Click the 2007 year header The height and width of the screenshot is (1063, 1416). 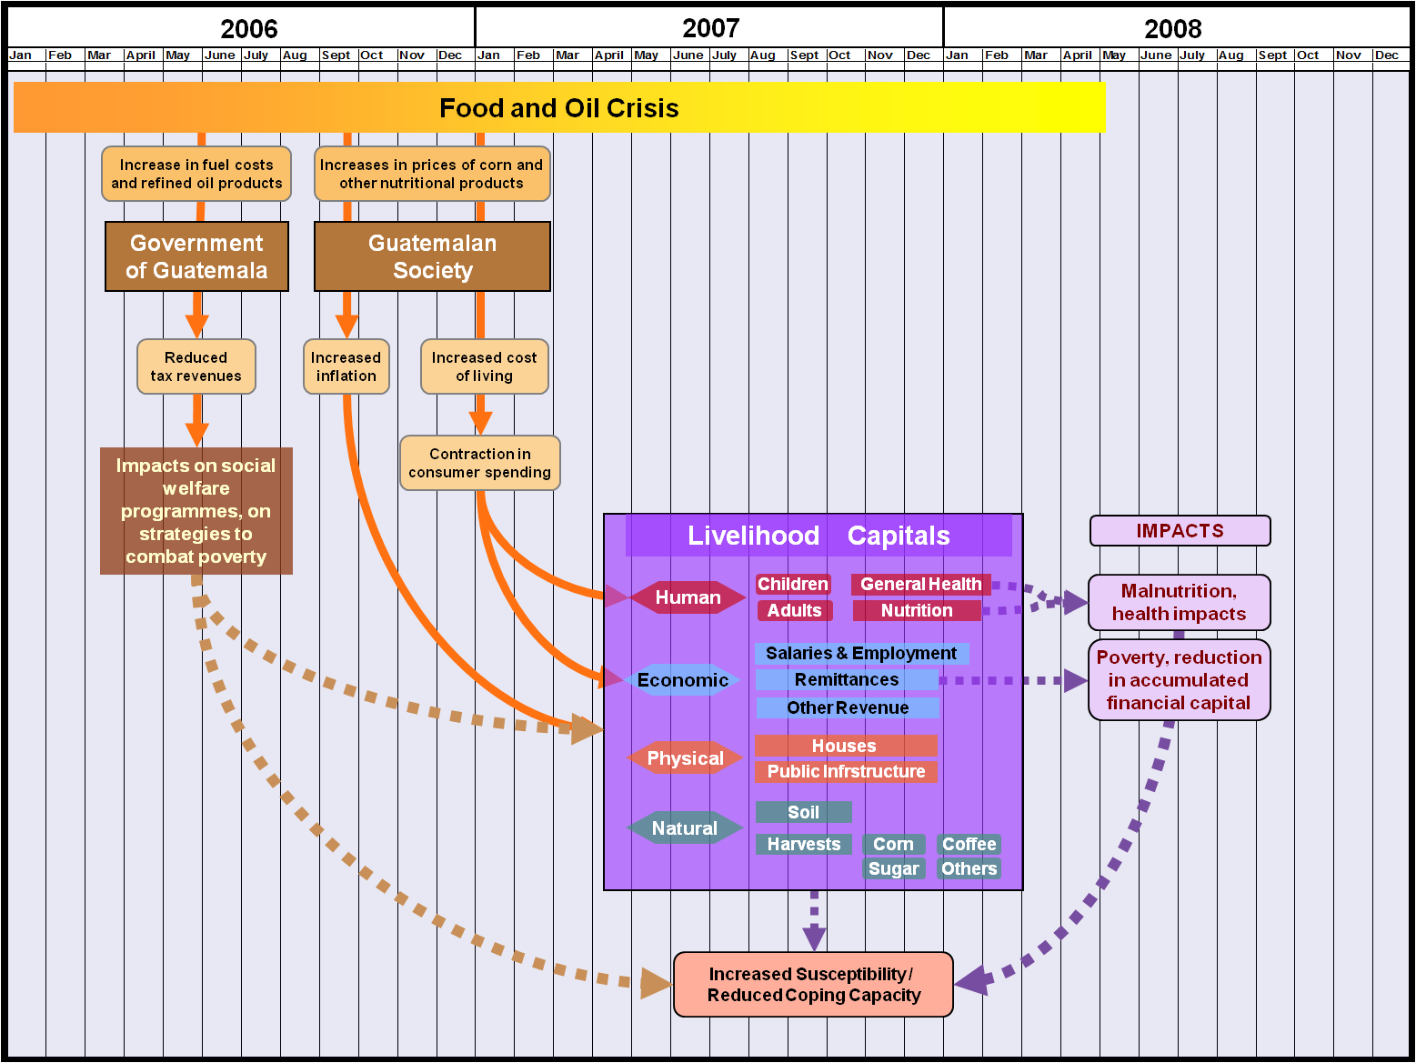[710, 28]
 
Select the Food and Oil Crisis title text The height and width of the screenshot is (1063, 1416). [558, 108]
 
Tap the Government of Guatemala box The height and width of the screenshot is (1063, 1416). [196, 256]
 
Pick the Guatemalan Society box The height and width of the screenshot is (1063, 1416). [432, 256]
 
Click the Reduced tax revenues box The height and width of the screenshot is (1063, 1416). [196, 366]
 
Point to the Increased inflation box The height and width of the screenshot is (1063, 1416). [346, 366]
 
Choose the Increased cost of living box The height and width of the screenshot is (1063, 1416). [484, 366]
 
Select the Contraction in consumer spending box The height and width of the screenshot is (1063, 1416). [479, 463]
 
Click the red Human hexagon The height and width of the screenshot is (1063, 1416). [688, 597]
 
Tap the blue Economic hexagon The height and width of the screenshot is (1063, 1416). [682, 680]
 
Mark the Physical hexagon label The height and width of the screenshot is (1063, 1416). [685, 758]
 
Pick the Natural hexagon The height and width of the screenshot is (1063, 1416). [684, 827]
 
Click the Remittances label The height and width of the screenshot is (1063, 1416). [846, 679]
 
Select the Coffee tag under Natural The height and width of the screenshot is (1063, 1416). [969, 844]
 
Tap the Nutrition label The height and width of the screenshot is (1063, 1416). [917, 610]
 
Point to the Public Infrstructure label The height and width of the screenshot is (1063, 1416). [846, 771]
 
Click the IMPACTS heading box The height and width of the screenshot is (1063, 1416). [1180, 530]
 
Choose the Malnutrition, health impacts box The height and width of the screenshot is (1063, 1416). [1179, 602]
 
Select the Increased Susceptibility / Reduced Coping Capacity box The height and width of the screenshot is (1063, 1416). [813, 984]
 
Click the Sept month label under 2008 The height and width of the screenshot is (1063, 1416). [1272, 55]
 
